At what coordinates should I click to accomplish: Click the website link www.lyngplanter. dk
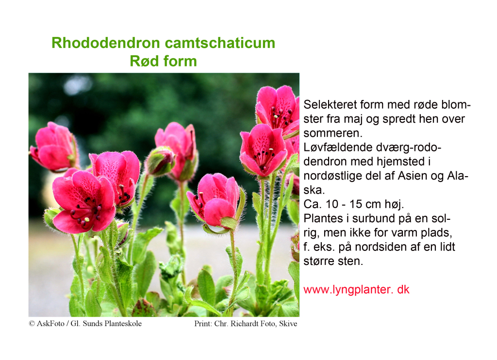[x=356, y=290]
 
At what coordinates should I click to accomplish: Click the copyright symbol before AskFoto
[x=32, y=324]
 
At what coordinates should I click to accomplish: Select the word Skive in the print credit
[x=288, y=324]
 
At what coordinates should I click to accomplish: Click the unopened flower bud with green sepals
[x=160, y=161]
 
